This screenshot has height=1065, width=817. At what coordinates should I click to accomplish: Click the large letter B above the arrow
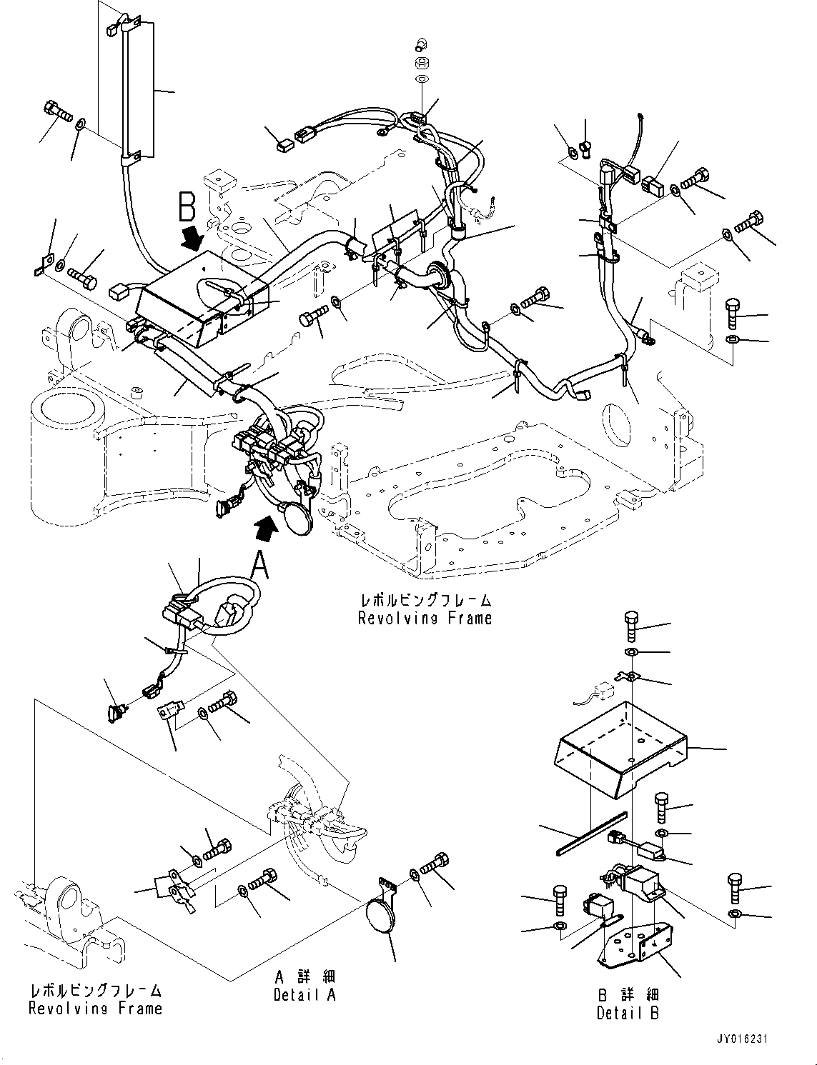pos(187,209)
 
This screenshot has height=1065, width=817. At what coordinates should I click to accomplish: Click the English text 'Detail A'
pos(304,994)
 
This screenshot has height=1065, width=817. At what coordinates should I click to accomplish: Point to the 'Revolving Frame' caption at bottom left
pos(95,1009)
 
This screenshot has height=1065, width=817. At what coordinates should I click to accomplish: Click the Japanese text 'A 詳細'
pos(304,976)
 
